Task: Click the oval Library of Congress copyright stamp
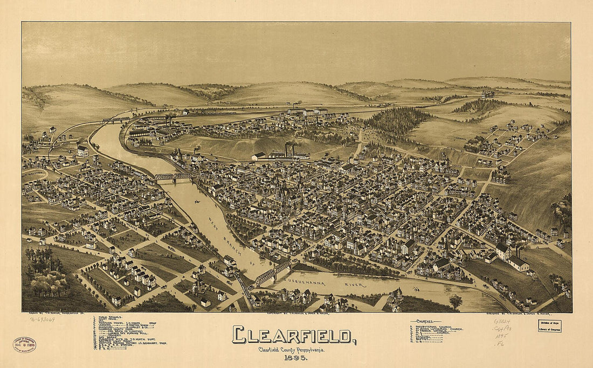click(x=24, y=345)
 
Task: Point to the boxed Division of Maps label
click(x=549, y=325)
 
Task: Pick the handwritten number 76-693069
click(x=42, y=319)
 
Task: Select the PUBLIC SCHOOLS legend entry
click(x=111, y=318)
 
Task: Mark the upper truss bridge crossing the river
click(x=173, y=176)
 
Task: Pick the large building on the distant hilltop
click(x=488, y=94)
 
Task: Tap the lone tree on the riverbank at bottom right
click(x=456, y=301)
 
